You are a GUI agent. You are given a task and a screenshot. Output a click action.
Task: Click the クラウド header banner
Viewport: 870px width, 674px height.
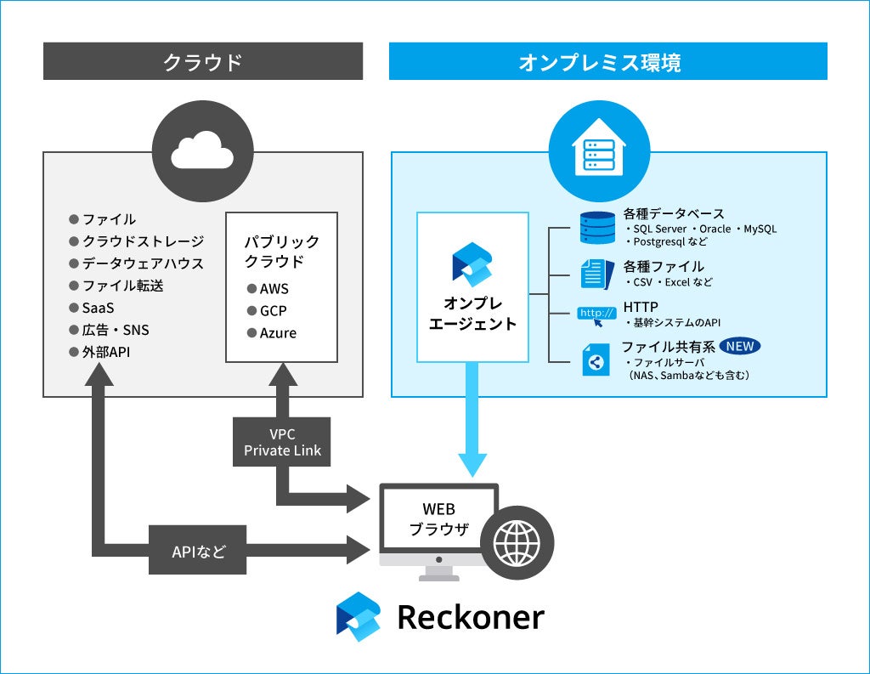(x=203, y=61)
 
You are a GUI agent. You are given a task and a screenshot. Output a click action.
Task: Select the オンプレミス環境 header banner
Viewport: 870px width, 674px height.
(x=608, y=61)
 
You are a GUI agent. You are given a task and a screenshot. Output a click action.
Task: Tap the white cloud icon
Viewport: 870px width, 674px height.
(x=202, y=150)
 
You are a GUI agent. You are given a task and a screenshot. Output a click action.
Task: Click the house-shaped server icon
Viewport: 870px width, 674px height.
(x=599, y=147)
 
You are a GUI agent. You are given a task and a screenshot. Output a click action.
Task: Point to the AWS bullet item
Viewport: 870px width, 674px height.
(x=268, y=289)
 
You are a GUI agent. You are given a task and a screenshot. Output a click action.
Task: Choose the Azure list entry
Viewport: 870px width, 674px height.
(x=272, y=333)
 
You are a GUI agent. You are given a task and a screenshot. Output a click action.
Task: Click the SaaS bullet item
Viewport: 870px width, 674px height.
(x=92, y=308)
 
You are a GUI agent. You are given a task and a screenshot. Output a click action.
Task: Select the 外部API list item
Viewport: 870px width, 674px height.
(x=100, y=352)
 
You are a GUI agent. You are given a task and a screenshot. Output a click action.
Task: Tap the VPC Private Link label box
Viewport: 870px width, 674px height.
(x=282, y=442)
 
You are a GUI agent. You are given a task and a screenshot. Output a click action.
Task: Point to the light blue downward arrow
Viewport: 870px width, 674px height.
(x=472, y=419)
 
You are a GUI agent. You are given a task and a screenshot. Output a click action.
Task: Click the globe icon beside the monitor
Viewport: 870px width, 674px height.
(x=517, y=543)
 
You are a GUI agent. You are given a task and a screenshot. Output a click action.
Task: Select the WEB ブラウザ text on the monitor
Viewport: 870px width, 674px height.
(x=439, y=519)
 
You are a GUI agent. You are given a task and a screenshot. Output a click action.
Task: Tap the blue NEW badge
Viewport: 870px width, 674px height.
(x=740, y=347)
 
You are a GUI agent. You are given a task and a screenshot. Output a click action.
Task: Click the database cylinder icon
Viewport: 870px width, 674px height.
(x=597, y=228)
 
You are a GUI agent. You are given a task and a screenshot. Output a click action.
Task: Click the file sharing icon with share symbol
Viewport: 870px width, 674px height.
(x=596, y=360)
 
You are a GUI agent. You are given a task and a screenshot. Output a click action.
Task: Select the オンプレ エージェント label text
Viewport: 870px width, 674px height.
(x=472, y=313)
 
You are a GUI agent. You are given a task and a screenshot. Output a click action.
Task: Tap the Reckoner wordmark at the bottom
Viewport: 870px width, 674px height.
(x=471, y=617)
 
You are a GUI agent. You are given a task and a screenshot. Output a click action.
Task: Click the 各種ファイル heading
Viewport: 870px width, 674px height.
(x=664, y=267)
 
